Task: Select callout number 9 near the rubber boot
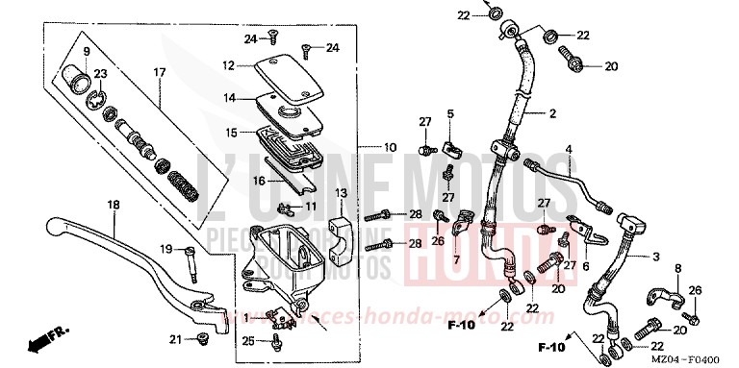click(x=86, y=51)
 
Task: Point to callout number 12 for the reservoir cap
click(x=229, y=66)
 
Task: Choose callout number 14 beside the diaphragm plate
click(x=229, y=98)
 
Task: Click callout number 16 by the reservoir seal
click(x=231, y=180)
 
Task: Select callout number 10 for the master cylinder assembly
click(x=390, y=148)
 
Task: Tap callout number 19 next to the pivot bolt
click(x=166, y=250)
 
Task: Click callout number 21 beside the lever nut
click(x=174, y=338)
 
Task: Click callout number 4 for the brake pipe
click(x=569, y=149)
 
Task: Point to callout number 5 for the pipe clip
click(x=448, y=114)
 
